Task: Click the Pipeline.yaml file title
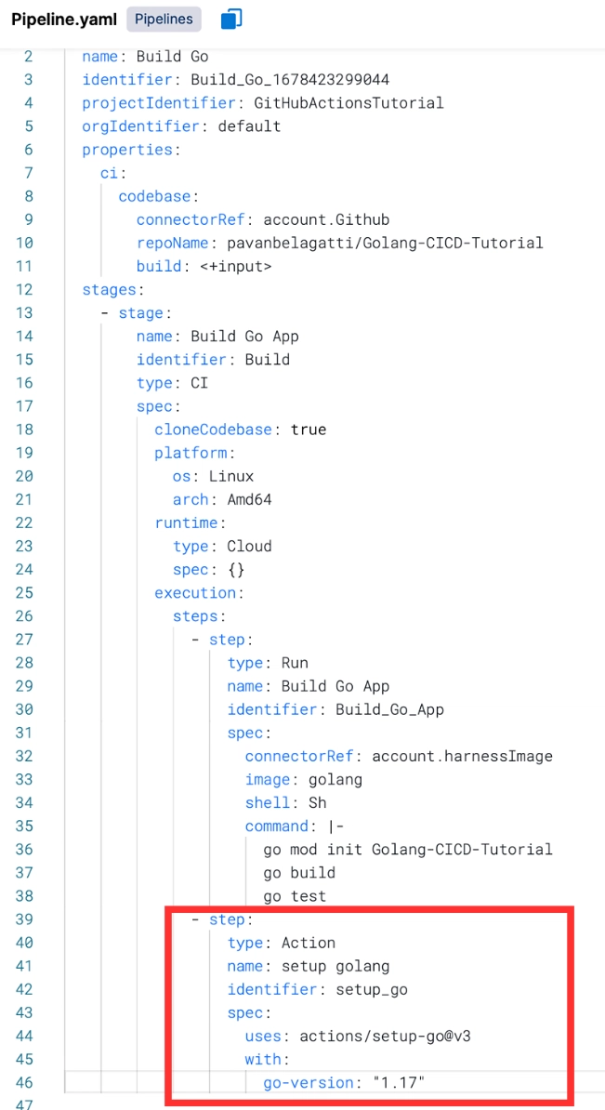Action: tap(64, 20)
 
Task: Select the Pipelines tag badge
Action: tap(164, 19)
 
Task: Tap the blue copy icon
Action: tap(231, 19)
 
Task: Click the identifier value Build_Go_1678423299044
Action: tap(290, 79)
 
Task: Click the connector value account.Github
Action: tap(326, 219)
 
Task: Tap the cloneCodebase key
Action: tap(213, 429)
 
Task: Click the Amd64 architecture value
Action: tap(249, 499)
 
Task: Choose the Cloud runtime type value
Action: tap(249, 546)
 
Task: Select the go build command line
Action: tap(299, 872)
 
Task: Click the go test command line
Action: tap(295, 896)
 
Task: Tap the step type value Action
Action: tap(309, 943)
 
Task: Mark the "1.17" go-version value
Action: tap(399, 1082)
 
